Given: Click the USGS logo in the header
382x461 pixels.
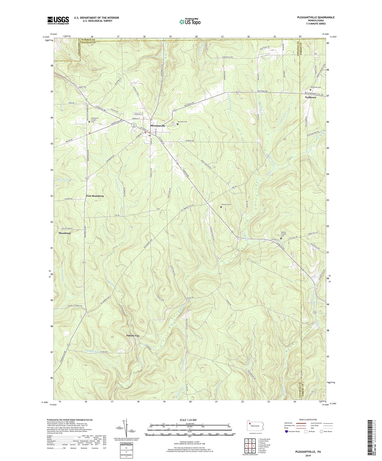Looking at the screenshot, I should [x=58, y=20].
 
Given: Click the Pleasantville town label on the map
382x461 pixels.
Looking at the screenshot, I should [x=158, y=126].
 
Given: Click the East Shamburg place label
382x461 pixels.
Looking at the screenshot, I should [x=95, y=196].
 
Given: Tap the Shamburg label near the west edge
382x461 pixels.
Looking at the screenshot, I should [x=64, y=233].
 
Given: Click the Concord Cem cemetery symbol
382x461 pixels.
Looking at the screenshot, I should [x=221, y=207].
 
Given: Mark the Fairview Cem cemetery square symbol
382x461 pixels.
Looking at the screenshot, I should [x=178, y=124].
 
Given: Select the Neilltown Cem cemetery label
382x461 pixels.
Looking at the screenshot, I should [x=315, y=87].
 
